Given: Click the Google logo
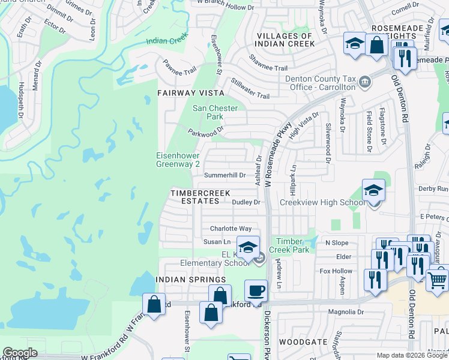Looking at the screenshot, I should (20, 353).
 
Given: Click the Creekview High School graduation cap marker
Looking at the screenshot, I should (373, 191).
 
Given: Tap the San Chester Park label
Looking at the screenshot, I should (215, 112).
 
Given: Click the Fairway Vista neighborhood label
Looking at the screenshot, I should (190, 93).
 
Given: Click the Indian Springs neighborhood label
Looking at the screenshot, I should (190, 280).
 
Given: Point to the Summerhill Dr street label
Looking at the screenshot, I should (225, 175).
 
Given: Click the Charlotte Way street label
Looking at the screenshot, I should (231, 229).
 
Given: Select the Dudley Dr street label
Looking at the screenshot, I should (246, 203).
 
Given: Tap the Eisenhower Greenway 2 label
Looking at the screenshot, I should (178, 159).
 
